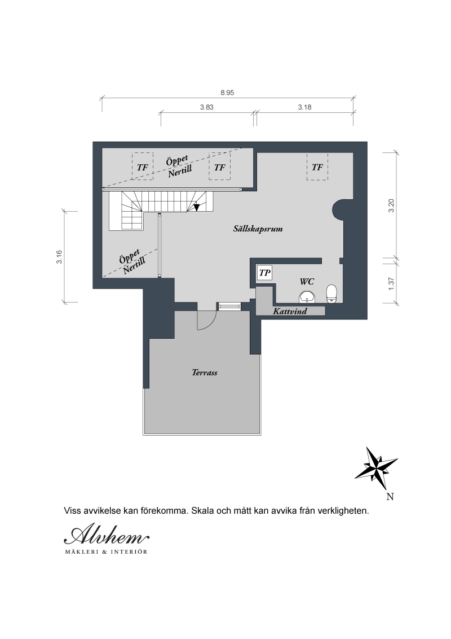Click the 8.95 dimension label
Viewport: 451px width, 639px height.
227,93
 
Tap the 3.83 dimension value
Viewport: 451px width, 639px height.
207,107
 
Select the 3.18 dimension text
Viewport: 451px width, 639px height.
304,107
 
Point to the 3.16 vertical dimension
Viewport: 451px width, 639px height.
59,257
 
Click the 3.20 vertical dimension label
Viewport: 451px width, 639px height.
391,205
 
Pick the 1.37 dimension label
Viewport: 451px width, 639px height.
391,283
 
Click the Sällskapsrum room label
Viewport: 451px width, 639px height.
258,229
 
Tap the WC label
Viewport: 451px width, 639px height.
307,282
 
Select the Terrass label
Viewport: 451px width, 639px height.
204,372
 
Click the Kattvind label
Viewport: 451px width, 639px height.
290,312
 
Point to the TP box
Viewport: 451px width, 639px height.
265,273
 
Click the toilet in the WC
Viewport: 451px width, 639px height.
332,294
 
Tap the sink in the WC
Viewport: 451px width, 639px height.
307,297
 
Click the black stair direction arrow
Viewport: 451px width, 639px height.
197,207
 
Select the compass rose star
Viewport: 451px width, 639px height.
376,469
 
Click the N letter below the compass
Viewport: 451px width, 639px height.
390,496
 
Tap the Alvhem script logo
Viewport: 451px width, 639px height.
107,535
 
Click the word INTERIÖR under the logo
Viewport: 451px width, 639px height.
131,552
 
